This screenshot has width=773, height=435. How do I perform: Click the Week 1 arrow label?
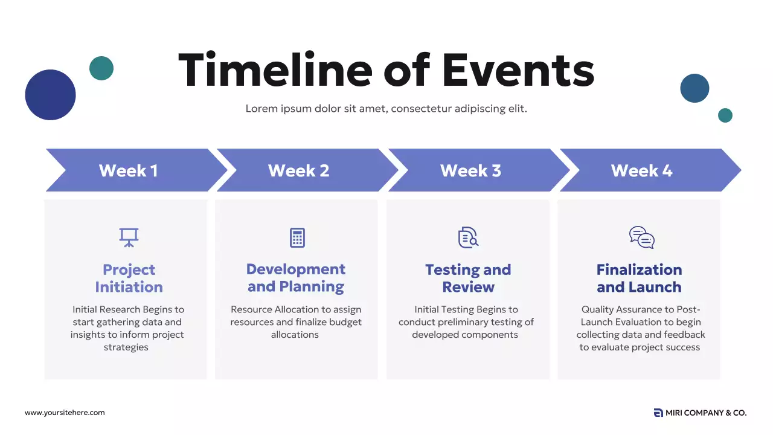tap(129, 170)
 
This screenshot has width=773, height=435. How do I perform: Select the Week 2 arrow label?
tap(298, 170)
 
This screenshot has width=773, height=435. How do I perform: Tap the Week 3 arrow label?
tap(470, 170)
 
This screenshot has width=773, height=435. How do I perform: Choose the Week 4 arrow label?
tap(641, 170)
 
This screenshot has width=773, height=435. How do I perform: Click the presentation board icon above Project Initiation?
tap(129, 237)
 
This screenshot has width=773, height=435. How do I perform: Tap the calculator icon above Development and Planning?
tap(297, 237)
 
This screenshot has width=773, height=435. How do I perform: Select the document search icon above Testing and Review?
tap(468, 237)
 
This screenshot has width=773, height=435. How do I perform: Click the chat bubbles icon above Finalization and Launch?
tap(642, 237)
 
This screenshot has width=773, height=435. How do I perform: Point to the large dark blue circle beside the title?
tap(50, 95)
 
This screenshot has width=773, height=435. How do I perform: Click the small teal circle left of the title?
tap(101, 68)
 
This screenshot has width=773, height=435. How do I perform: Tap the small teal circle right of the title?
tap(725, 115)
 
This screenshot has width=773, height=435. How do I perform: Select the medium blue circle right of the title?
tap(694, 88)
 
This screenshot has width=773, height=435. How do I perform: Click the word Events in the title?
tap(518, 71)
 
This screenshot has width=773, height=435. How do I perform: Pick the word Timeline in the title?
tap(275, 69)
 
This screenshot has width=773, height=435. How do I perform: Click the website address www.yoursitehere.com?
tap(65, 413)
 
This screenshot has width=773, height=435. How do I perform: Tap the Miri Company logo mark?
tap(658, 413)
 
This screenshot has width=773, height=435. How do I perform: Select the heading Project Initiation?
tap(129, 279)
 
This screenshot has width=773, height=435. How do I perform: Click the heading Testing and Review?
tap(468, 279)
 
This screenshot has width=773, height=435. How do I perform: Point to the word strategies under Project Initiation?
tap(126, 347)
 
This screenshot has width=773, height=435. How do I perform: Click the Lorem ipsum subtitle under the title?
tap(386, 109)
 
